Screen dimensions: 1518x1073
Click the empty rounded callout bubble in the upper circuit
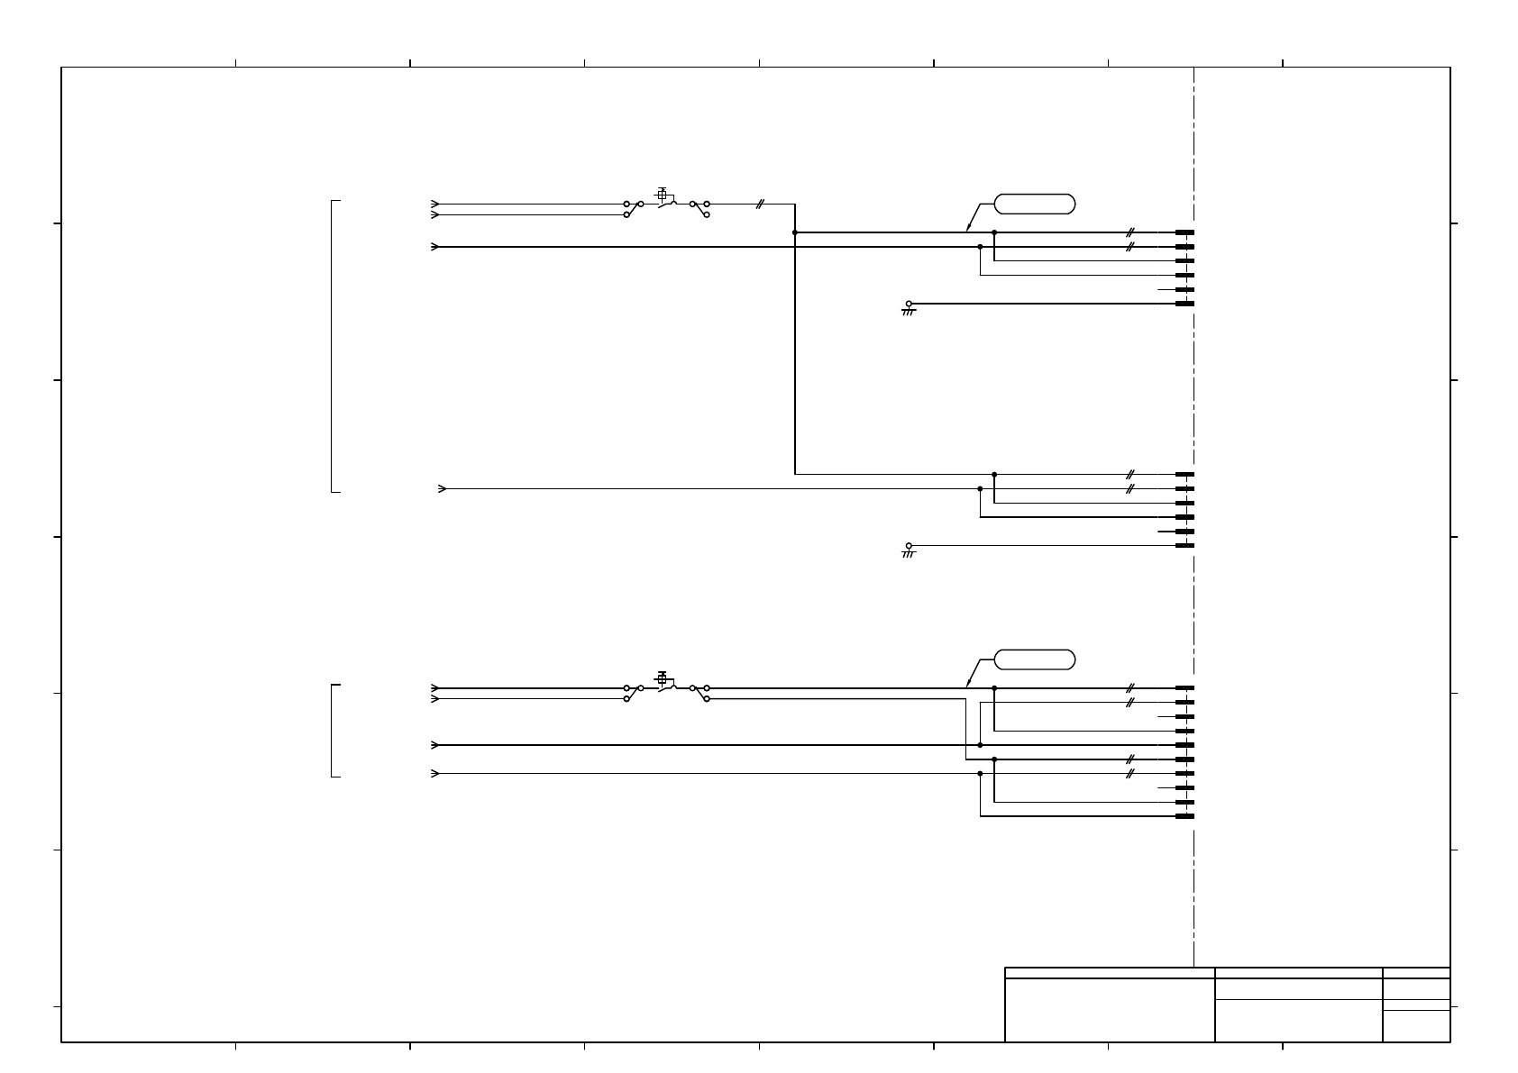[x=1035, y=204]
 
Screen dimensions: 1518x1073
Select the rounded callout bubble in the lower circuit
[x=1035, y=659]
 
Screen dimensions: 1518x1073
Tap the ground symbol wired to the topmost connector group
[x=909, y=309]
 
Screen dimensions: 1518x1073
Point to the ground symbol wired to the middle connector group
[x=909, y=550]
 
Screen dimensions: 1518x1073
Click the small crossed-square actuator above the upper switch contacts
[x=662, y=195]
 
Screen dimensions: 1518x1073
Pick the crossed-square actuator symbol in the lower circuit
[x=662, y=678]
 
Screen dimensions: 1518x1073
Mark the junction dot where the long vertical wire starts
[x=795, y=232]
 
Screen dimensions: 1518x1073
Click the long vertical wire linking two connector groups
[x=795, y=360]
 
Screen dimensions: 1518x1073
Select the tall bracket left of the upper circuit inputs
[x=333, y=346]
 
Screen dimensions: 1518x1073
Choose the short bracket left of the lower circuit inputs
[x=333, y=730]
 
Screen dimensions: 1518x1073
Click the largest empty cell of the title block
[x=1110, y=1010]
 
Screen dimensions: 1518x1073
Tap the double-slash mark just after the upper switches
[x=760, y=205]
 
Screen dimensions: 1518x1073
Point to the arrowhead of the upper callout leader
[x=968, y=229]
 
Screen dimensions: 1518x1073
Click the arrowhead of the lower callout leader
[x=968, y=684]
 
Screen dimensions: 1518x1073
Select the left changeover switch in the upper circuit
[x=633, y=209]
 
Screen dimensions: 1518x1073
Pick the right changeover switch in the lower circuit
[x=700, y=693]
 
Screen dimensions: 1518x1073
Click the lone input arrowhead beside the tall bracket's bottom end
[x=442, y=489]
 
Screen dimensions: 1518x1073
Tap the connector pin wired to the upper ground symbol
[x=1184, y=304]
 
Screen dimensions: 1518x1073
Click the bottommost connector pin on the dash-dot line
[x=1184, y=816]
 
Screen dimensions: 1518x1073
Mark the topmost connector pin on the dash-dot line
[x=1184, y=232]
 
